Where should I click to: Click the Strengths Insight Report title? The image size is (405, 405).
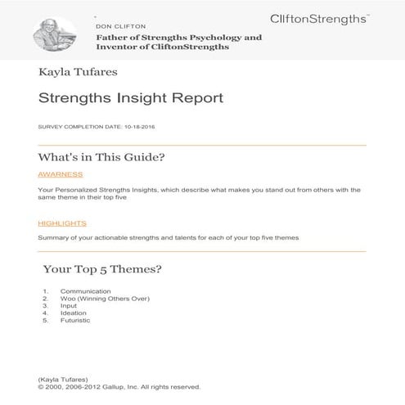point(130,99)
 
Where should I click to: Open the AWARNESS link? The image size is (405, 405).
point(61,174)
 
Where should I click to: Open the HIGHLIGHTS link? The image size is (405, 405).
point(62,223)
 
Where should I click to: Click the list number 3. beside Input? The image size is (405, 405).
point(45,306)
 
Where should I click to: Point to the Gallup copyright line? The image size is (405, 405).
point(119,387)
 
